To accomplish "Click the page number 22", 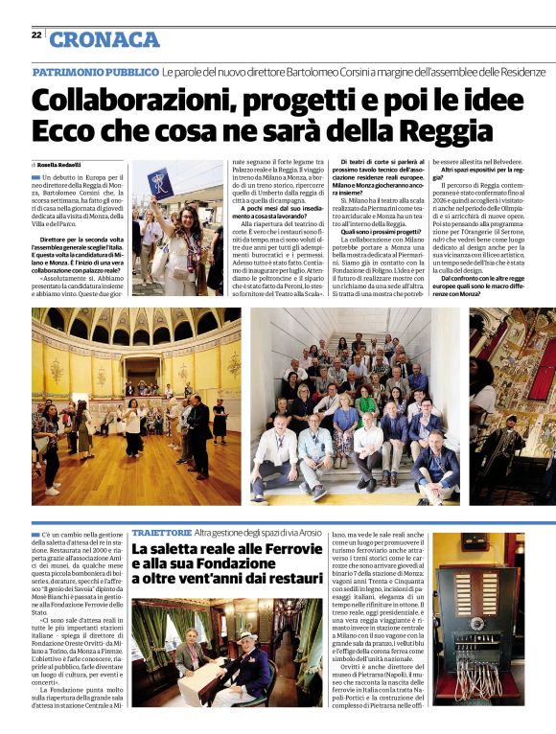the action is click(35, 34).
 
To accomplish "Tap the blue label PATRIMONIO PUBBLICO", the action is click(95, 72).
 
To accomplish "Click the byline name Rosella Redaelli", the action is click(62, 165).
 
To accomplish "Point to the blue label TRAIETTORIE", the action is click(160, 530).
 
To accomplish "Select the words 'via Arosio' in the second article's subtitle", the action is click(303, 530).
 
